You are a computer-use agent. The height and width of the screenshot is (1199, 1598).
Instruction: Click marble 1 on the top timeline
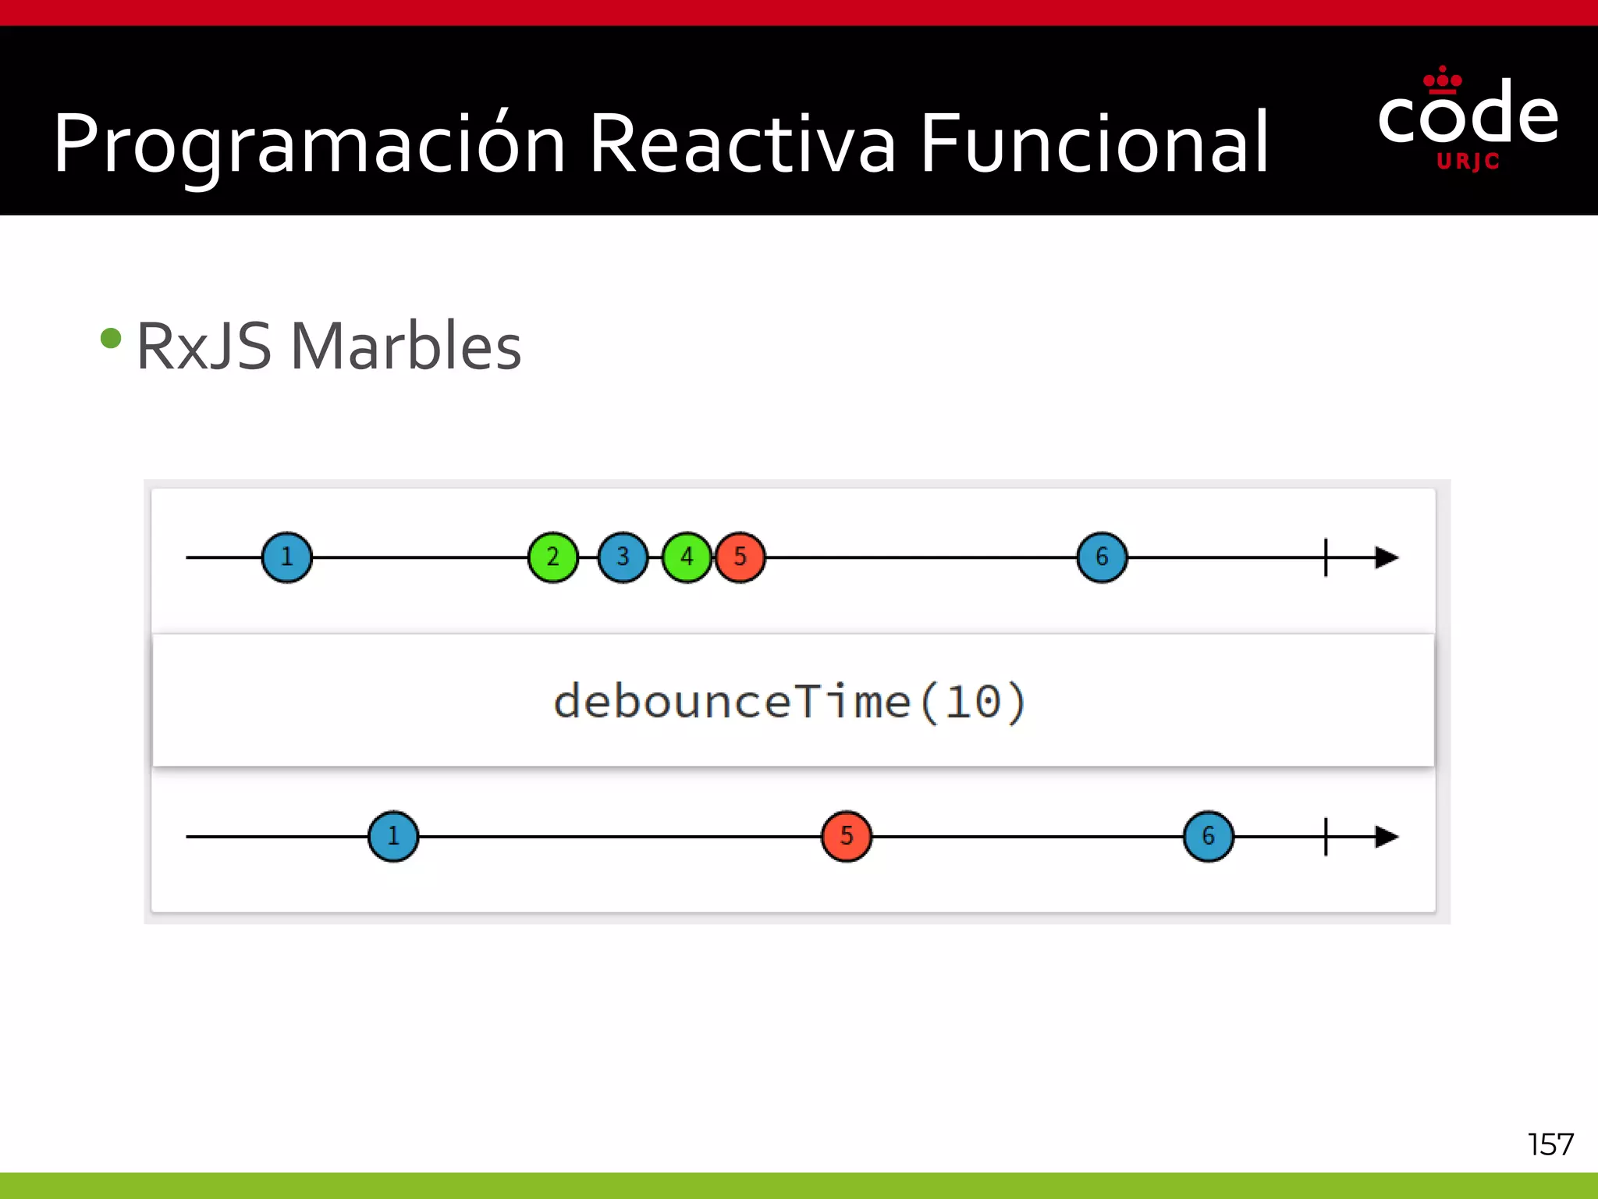click(x=286, y=557)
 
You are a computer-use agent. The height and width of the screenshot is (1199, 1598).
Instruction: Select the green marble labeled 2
click(x=553, y=557)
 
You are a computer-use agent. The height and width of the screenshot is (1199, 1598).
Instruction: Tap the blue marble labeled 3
click(x=623, y=557)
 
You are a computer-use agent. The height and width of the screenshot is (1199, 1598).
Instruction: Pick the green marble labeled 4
click(x=686, y=557)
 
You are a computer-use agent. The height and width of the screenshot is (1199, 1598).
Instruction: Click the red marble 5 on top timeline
click(x=740, y=557)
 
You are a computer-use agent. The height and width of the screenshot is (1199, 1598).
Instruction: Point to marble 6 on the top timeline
click(x=1102, y=557)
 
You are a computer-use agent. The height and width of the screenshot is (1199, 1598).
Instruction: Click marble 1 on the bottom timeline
click(x=393, y=836)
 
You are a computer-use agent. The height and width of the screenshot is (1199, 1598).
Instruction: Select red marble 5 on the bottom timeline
click(x=847, y=836)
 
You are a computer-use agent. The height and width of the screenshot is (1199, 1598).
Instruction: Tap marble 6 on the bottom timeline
click(x=1208, y=836)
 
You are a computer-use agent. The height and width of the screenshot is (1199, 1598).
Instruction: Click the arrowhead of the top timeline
click(x=1387, y=557)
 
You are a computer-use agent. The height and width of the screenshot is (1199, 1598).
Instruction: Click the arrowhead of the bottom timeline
click(x=1387, y=836)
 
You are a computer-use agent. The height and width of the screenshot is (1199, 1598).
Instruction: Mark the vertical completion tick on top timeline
click(x=1326, y=557)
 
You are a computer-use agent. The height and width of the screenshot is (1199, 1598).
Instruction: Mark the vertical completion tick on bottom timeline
click(x=1326, y=836)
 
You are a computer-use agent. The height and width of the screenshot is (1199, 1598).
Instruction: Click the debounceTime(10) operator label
click(x=790, y=701)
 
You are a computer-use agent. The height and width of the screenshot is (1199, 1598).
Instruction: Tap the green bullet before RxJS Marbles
click(x=112, y=338)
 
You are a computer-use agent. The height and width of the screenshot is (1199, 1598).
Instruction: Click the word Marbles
click(x=406, y=347)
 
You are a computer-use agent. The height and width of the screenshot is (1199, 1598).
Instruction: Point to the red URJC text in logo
click(x=1468, y=162)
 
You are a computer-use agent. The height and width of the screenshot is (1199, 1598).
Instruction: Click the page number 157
click(x=1550, y=1144)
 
